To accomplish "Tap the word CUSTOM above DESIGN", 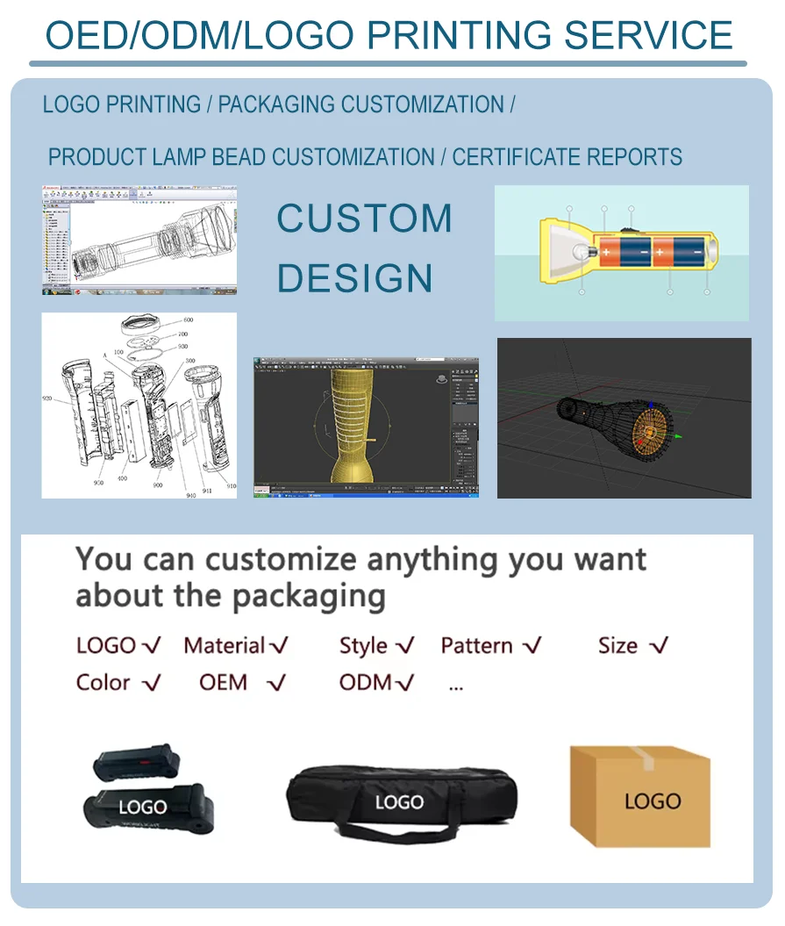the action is tap(364, 219).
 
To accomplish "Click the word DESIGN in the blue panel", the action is tap(355, 278).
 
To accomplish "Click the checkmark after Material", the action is tap(279, 647).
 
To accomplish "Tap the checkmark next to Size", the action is tap(659, 647).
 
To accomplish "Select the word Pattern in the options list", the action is tap(476, 646).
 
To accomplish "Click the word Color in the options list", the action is tap(103, 682).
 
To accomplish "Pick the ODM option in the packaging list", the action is tap(365, 682).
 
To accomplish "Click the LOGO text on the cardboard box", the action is tap(653, 800).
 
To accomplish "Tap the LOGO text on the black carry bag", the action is tap(399, 802).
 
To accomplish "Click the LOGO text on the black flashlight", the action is tap(142, 807).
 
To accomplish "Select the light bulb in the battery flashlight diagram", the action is tap(580, 253).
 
